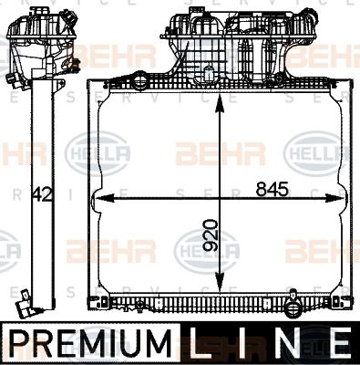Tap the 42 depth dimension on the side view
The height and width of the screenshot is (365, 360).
tap(40, 193)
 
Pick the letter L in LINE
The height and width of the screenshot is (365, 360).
tap(203, 345)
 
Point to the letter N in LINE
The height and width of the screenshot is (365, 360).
tap(285, 345)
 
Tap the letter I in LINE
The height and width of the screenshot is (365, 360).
tap(243, 345)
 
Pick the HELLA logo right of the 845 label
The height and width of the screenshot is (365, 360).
tap(317, 148)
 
